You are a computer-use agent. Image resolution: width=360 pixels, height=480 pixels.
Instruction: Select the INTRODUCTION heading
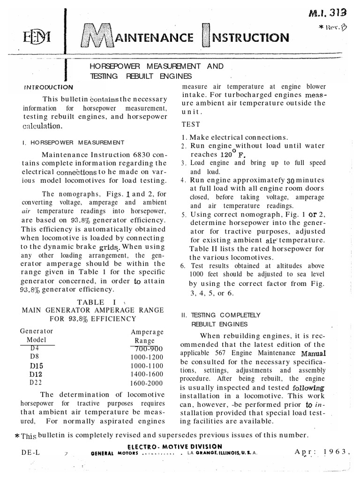pos(48,87)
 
